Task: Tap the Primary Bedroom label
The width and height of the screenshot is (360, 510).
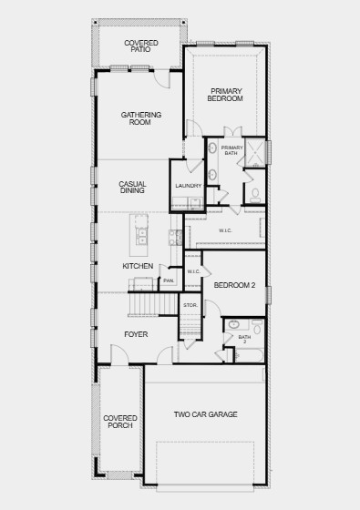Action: click(x=227, y=95)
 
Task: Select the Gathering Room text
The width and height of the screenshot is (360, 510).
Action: click(x=141, y=118)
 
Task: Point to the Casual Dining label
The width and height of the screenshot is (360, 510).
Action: click(x=132, y=188)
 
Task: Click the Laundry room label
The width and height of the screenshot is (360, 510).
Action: click(x=188, y=186)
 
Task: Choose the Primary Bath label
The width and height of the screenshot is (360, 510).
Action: click(x=231, y=150)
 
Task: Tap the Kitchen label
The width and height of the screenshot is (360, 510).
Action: click(x=138, y=266)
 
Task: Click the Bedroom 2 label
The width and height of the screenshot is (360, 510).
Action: click(x=233, y=286)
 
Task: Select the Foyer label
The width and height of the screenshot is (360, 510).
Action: click(x=136, y=334)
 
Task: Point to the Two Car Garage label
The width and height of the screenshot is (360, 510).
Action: click(x=205, y=414)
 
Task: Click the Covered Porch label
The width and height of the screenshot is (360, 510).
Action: click(x=120, y=421)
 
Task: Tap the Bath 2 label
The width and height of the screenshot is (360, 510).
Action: click(x=244, y=339)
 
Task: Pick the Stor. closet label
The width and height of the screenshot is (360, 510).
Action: click(x=190, y=305)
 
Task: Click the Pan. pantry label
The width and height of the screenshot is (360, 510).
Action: click(x=169, y=280)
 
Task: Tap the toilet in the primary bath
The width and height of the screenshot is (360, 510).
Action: click(x=255, y=194)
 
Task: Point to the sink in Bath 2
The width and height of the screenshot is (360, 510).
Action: click(x=233, y=324)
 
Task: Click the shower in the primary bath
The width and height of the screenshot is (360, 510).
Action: click(x=255, y=150)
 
